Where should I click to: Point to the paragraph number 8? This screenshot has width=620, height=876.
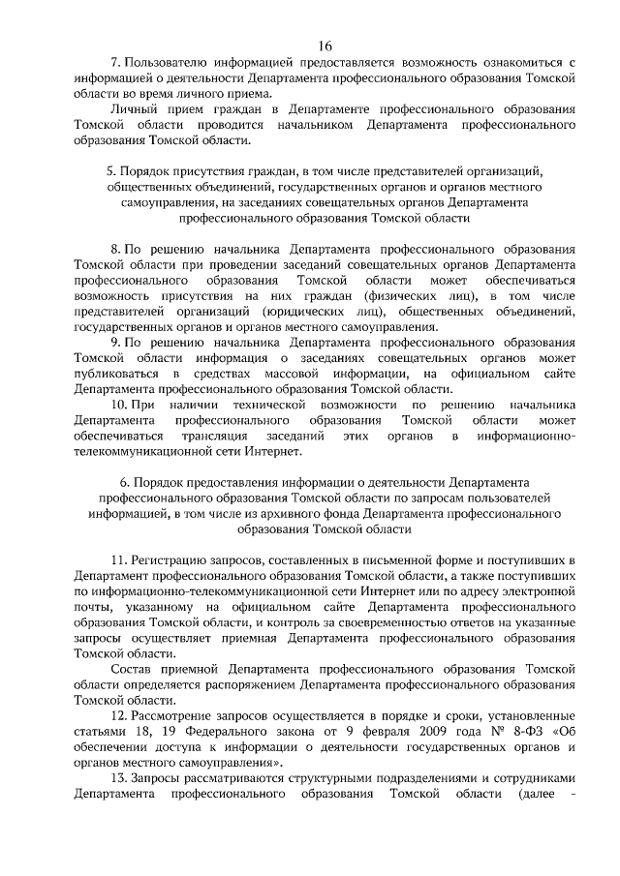pyautogui.click(x=117, y=249)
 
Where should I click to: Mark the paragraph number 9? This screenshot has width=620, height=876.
pyautogui.click(x=117, y=342)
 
